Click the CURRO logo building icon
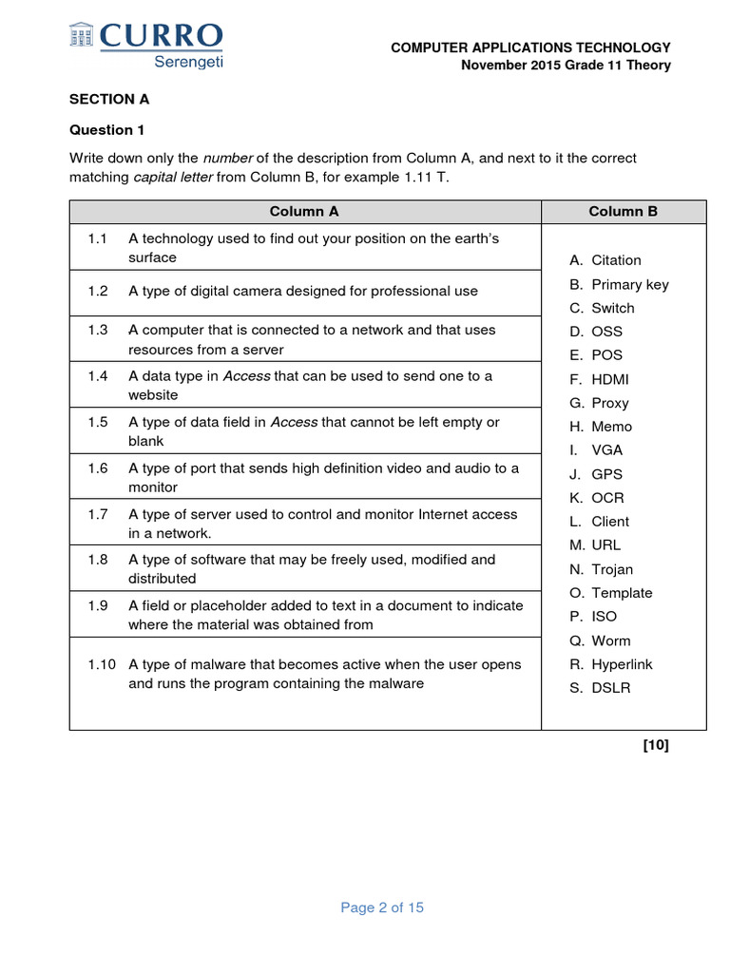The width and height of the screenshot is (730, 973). (x=83, y=35)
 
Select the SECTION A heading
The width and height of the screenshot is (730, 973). (x=109, y=99)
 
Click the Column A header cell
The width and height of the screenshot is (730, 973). (x=304, y=212)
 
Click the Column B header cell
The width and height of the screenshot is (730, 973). (x=623, y=212)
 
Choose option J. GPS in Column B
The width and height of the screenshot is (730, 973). (x=596, y=474)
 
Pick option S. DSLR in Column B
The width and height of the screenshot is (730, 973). (x=600, y=688)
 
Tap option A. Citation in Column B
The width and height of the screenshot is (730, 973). (x=605, y=260)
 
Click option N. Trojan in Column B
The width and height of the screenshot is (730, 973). (x=601, y=569)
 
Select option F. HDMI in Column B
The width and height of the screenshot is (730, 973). (x=599, y=379)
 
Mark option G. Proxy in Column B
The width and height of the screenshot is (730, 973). (x=599, y=403)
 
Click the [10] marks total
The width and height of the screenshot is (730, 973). (x=656, y=745)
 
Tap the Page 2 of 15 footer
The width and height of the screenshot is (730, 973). (x=382, y=907)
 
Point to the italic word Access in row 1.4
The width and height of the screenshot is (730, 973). (x=246, y=376)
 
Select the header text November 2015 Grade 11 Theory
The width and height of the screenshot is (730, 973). (x=566, y=66)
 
